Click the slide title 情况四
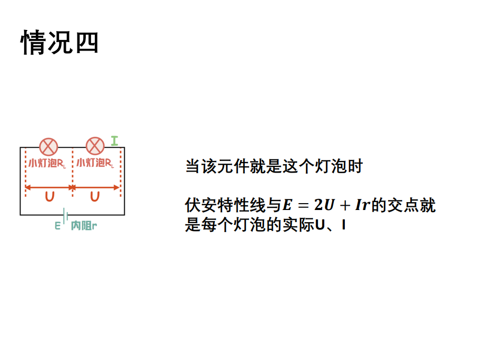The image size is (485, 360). (60, 43)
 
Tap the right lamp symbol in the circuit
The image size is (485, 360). (95, 146)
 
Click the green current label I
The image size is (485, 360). (114, 141)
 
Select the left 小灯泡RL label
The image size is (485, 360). (47, 163)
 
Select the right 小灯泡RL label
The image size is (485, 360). (95, 163)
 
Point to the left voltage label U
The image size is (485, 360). (50, 197)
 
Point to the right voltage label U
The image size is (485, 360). (95, 197)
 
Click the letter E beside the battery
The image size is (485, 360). (57, 226)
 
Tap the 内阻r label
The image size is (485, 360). (84, 226)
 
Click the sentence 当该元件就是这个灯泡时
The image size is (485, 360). (274, 167)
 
